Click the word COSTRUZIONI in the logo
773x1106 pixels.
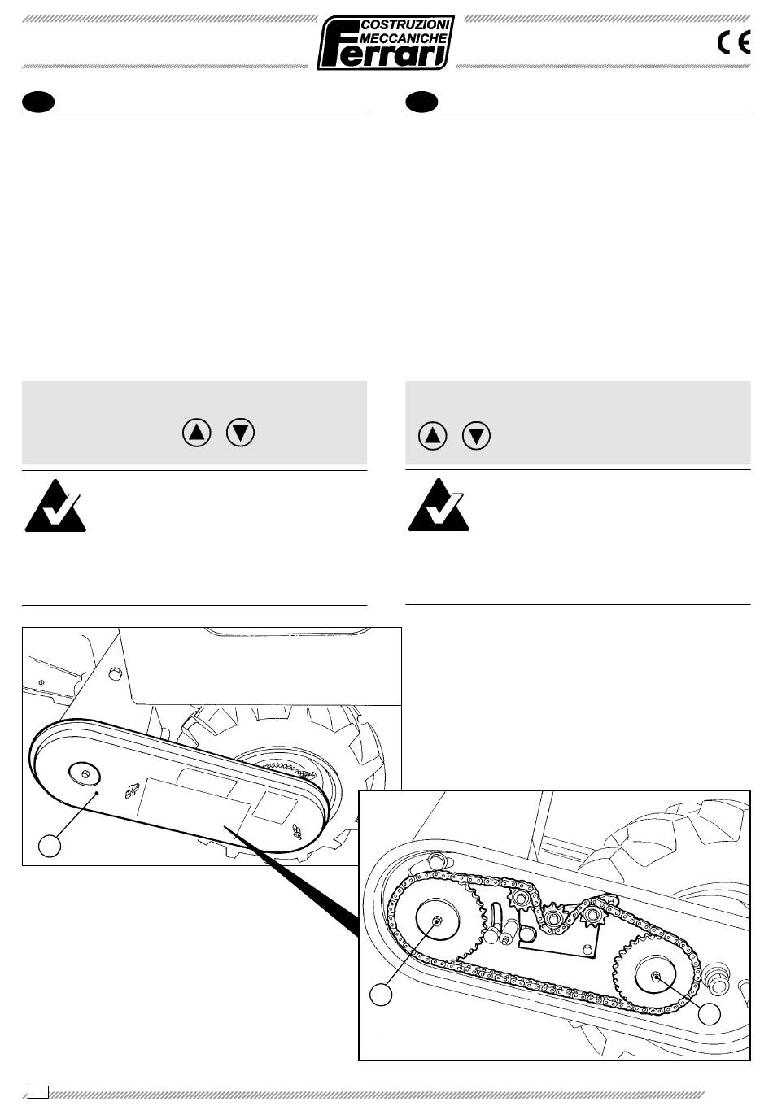405,24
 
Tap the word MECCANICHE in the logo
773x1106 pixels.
405,38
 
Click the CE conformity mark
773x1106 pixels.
734,42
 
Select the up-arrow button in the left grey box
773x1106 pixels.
197,433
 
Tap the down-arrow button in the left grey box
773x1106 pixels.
240,433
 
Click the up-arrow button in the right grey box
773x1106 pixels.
432,436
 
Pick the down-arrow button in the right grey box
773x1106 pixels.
476,436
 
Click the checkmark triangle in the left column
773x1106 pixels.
55,506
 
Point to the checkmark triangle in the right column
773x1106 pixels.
439,505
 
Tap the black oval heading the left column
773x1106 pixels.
38,102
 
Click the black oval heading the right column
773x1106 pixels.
421,102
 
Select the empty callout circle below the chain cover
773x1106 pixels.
50,845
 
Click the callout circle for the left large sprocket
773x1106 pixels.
381,994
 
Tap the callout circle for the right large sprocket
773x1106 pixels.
710,1013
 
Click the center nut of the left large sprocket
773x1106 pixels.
437,921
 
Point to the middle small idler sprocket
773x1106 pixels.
552,918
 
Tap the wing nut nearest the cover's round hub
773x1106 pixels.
132,789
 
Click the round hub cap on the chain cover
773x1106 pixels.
85,773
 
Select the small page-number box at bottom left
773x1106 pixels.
38,1091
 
